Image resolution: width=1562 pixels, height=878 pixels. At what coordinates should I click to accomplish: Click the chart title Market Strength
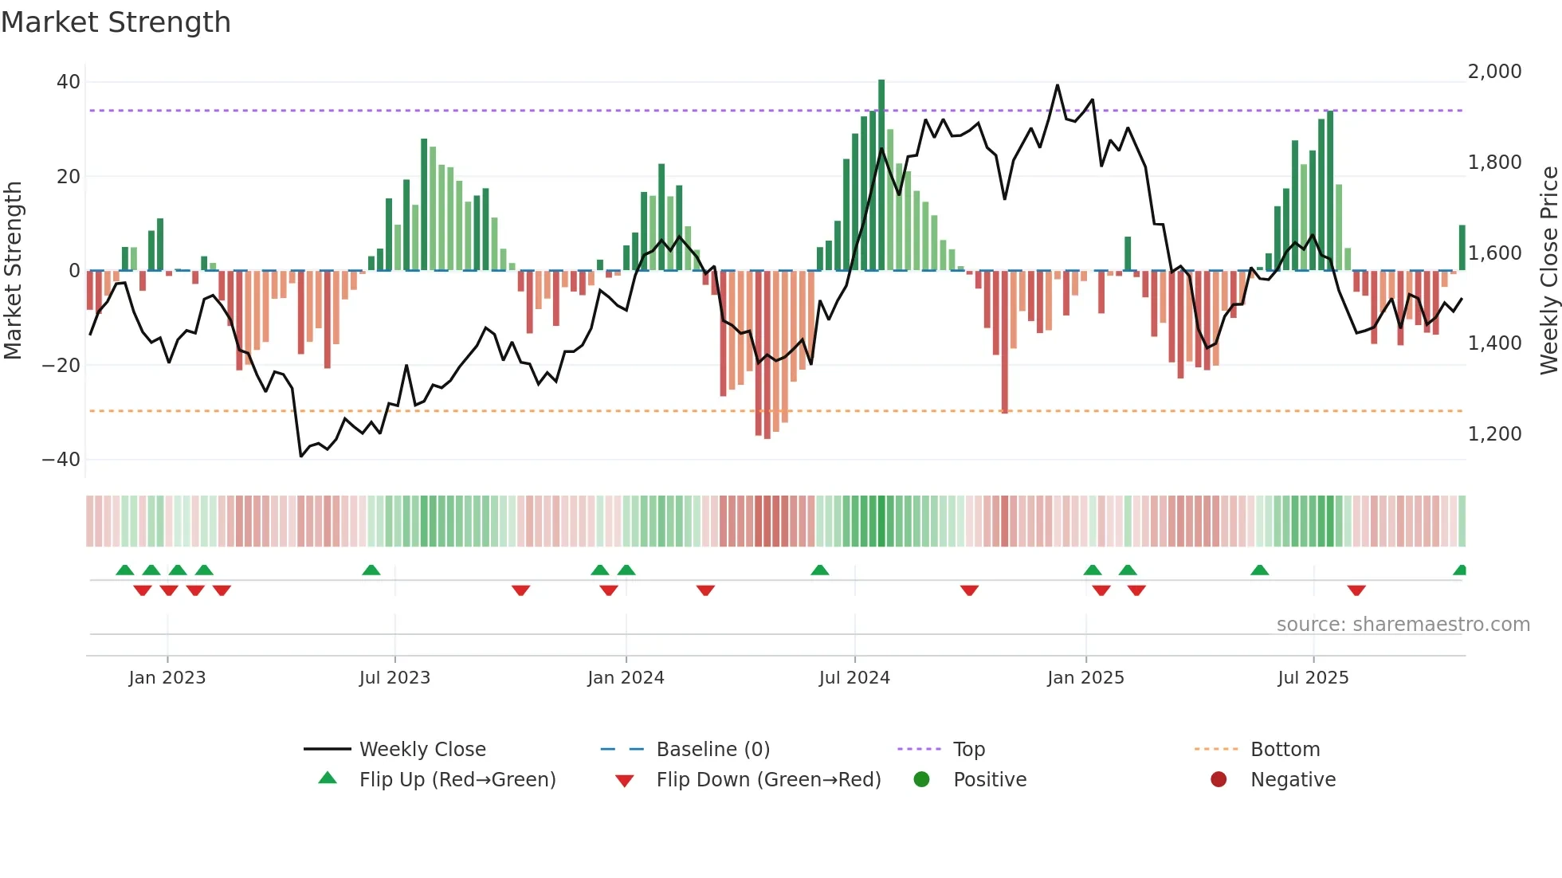(x=116, y=22)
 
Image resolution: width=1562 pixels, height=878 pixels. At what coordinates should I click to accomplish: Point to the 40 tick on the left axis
(x=69, y=82)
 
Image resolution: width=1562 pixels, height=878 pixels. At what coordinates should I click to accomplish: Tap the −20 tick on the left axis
(x=61, y=365)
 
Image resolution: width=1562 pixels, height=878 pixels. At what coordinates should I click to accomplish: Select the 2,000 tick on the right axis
(x=1494, y=72)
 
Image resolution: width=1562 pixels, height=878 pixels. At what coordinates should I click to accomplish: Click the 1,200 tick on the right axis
(x=1494, y=434)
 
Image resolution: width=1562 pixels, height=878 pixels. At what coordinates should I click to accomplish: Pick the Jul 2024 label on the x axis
(x=854, y=678)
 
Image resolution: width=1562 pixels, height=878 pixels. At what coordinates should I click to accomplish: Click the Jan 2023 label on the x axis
(x=167, y=678)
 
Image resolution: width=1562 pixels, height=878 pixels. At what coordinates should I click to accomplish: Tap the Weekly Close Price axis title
(x=1548, y=271)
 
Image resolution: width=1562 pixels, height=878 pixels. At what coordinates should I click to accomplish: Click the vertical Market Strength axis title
(x=13, y=271)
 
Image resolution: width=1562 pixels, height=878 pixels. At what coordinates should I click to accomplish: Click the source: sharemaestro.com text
(x=1403, y=625)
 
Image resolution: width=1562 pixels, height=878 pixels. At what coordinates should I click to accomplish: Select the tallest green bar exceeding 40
(x=881, y=175)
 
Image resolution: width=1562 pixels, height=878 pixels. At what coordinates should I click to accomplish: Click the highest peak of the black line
(x=1058, y=85)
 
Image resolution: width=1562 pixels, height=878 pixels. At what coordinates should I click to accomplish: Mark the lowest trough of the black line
(x=300, y=457)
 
